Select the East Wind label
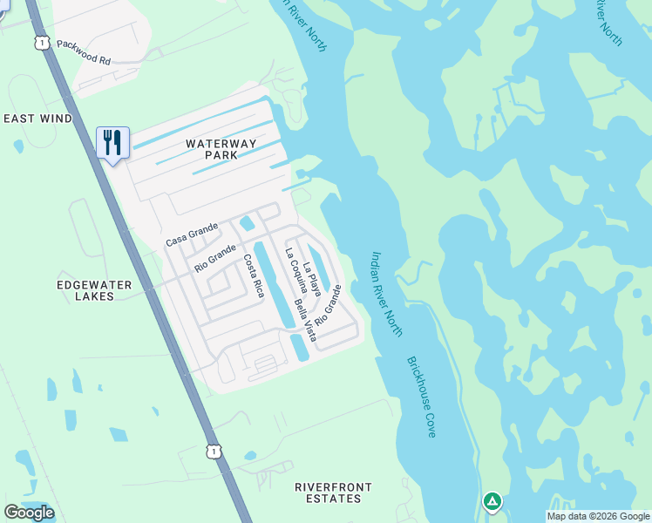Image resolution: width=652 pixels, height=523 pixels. pyautogui.click(x=37, y=119)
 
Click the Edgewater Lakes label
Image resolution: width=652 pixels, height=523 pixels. pyautogui.click(x=94, y=290)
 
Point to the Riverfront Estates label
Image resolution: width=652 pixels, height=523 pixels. pyautogui.click(x=328, y=492)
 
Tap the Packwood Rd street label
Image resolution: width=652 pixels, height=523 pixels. pyautogui.click(x=84, y=51)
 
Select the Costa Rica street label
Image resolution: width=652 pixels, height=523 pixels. pyautogui.click(x=253, y=275)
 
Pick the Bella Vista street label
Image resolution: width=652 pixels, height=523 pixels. pyautogui.click(x=304, y=319)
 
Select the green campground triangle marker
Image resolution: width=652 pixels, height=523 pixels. pyautogui.click(x=492, y=501)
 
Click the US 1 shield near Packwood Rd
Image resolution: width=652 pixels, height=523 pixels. pyautogui.click(x=42, y=42)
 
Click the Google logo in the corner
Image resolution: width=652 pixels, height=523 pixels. pyautogui.click(x=28, y=513)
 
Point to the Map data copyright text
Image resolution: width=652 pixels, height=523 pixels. pyautogui.click(x=598, y=516)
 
